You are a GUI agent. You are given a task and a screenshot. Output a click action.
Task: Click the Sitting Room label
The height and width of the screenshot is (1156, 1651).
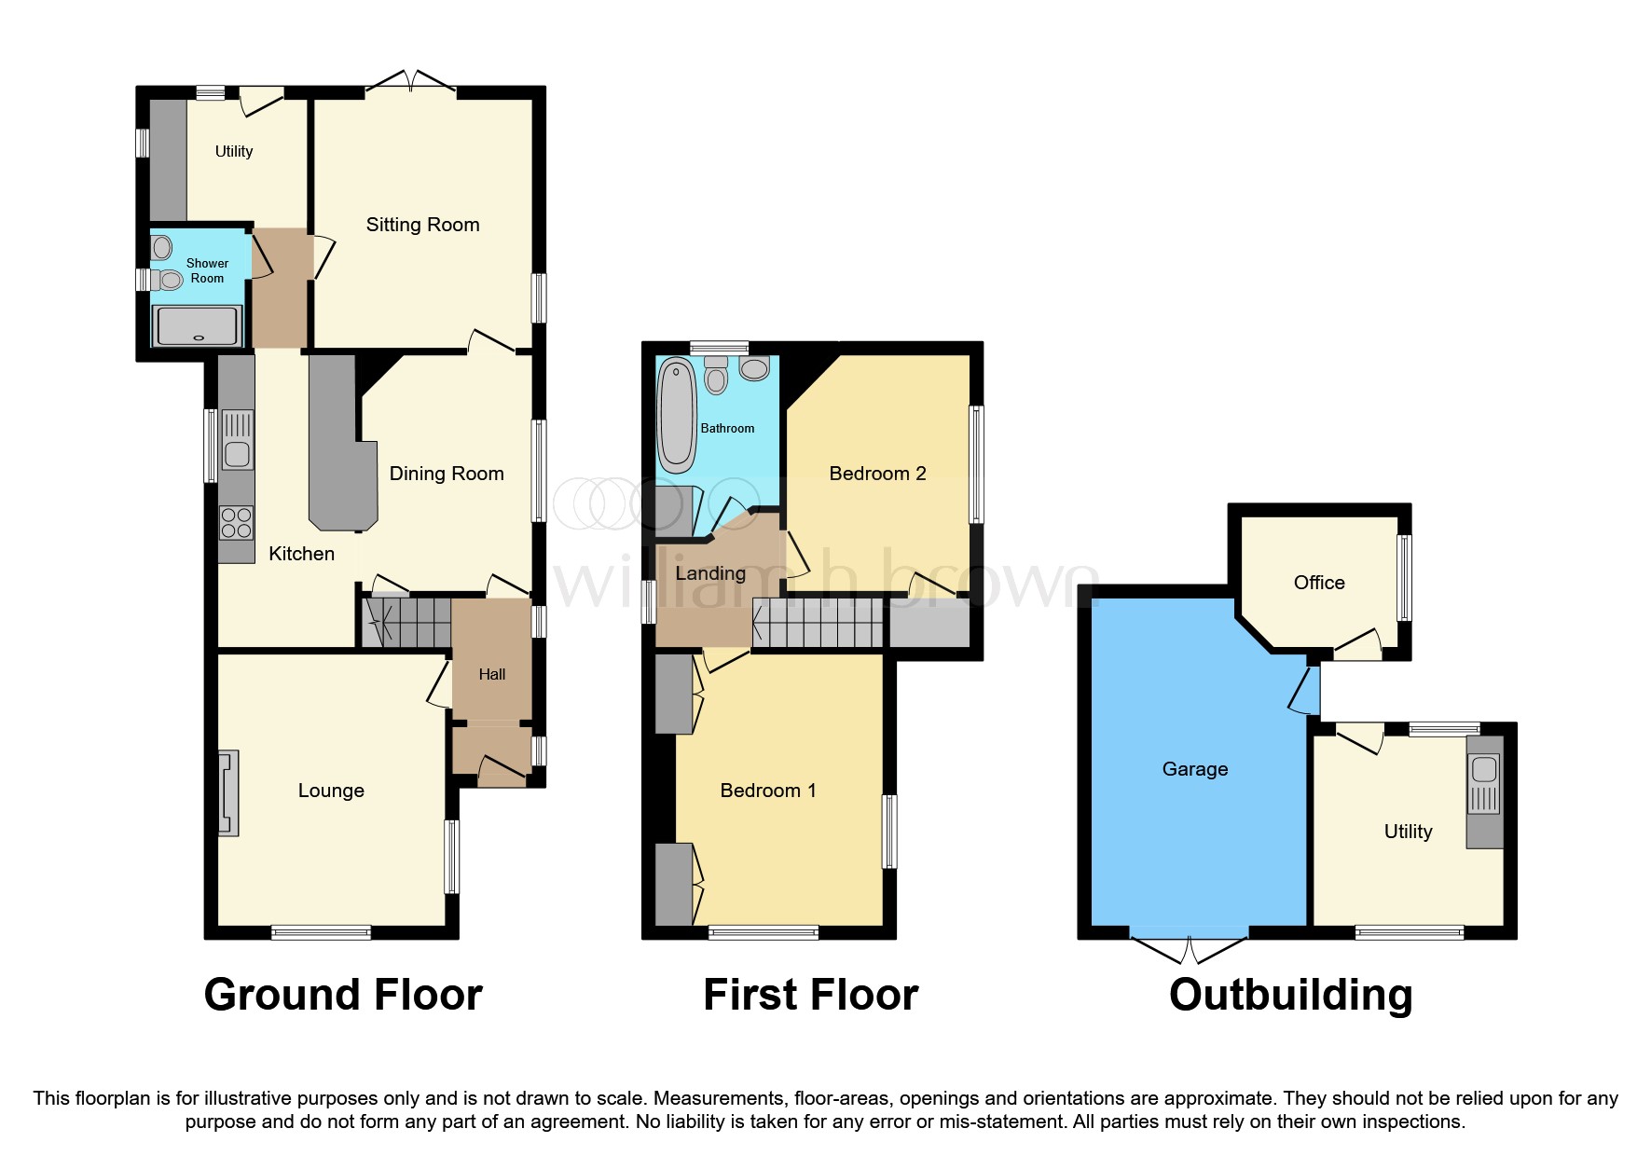click(x=422, y=225)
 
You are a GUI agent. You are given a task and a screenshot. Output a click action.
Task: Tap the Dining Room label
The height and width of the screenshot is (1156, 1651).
click(x=447, y=474)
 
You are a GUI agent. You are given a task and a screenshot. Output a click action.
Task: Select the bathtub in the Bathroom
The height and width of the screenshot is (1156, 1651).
click(x=676, y=417)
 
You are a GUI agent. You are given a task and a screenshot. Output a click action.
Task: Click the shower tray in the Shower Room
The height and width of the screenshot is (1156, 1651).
click(x=199, y=326)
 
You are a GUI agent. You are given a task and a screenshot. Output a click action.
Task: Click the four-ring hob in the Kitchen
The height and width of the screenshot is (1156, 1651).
click(x=237, y=522)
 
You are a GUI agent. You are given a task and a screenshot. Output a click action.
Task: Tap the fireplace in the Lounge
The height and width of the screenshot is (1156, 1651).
click(x=227, y=792)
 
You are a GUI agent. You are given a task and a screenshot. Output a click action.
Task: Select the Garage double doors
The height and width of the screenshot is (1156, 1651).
click(x=1190, y=945)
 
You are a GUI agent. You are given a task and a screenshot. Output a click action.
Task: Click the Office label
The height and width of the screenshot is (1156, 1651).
click(x=1319, y=583)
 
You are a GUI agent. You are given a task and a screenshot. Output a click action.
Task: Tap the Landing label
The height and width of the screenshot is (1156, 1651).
click(x=710, y=573)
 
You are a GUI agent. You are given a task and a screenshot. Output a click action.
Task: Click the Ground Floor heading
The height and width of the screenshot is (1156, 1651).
click(x=343, y=995)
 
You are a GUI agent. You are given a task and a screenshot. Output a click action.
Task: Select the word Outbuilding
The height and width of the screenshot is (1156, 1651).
click(x=1290, y=995)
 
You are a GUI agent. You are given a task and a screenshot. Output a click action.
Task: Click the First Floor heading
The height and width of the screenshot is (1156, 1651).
click(x=810, y=995)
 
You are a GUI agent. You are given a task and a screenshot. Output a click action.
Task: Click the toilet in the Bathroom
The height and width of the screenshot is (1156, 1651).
click(x=716, y=377)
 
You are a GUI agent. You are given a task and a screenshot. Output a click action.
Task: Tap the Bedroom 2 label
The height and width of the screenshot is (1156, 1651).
click(x=877, y=474)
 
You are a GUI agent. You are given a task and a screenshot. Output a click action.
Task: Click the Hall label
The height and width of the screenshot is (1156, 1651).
click(x=492, y=674)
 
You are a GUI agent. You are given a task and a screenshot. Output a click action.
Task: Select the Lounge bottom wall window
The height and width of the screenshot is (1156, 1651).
click(x=321, y=931)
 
